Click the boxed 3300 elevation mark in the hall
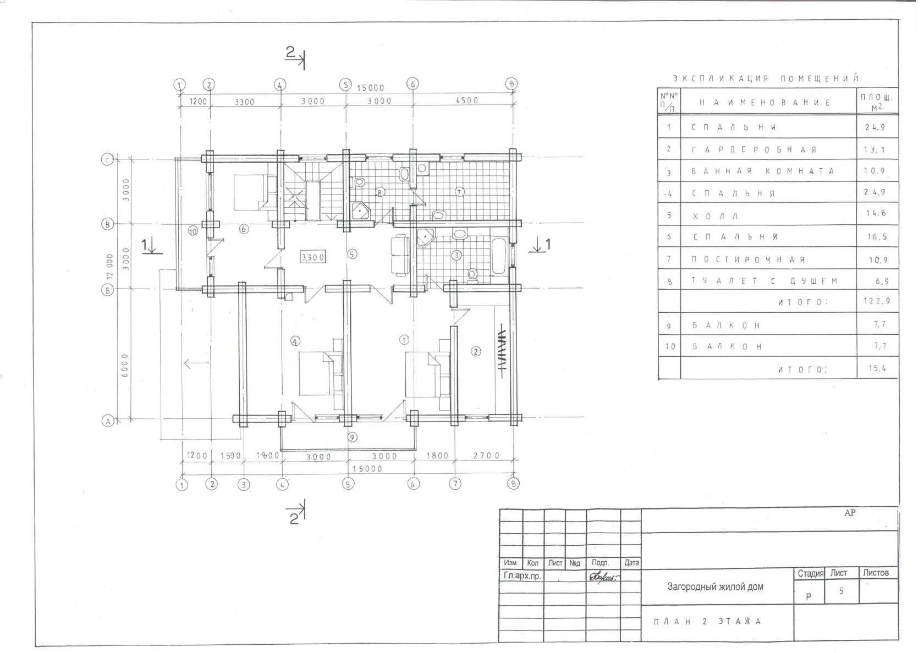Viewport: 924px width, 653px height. coord(312,257)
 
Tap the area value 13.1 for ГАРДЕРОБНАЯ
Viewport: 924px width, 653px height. coord(874,150)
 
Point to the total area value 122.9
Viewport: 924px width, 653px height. coord(877,301)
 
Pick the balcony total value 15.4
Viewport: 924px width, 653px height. coord(877,368)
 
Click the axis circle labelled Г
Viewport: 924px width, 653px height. coord(107,159)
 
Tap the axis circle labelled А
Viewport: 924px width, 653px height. coord(108,421)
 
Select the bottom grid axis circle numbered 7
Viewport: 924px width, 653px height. coord(455,484)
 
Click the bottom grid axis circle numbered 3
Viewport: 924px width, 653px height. coord(244,484)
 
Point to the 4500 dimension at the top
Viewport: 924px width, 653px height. coord(467,101)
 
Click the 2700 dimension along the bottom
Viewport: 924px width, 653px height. coord(486,456)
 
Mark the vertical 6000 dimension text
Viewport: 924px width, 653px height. coord(124,365)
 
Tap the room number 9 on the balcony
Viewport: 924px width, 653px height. coord(352,438)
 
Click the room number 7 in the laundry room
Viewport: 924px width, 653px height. coord(460,192)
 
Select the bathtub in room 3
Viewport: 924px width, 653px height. coord(499,256)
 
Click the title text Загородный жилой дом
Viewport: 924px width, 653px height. coord(715,586)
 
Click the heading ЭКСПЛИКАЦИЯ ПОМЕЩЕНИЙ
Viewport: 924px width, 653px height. coord(766,78)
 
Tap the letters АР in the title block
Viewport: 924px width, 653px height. coord(850,512)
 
